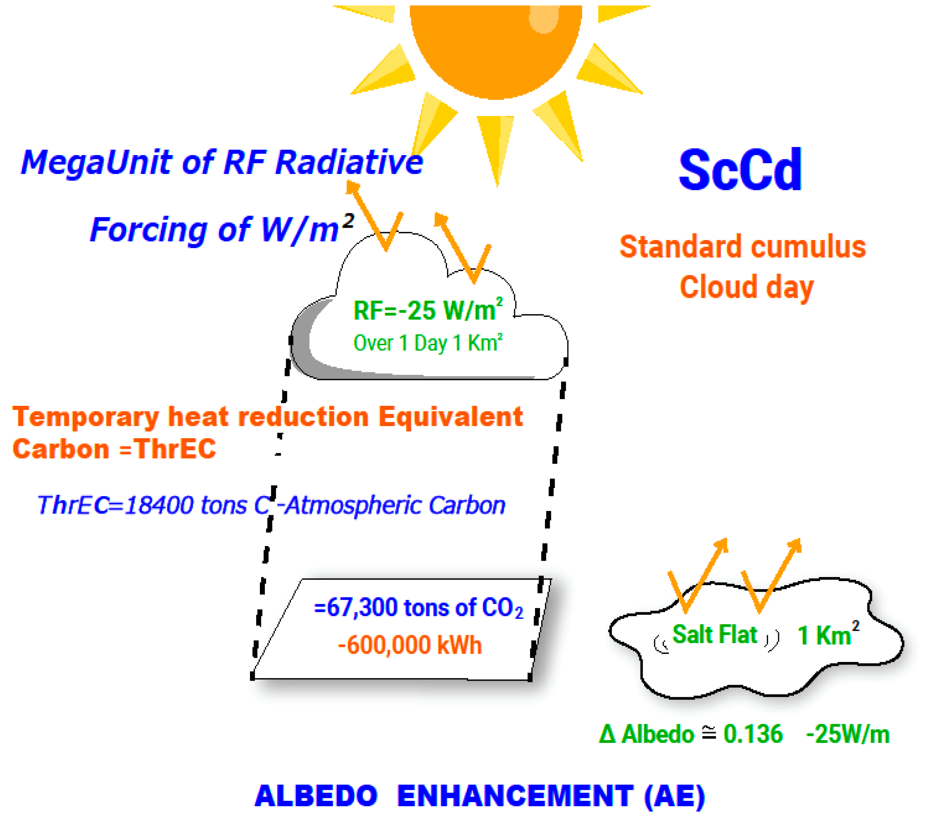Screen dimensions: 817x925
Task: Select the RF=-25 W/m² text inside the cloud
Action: click(x=428, y=311)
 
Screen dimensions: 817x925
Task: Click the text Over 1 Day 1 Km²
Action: click(x=428, y=343)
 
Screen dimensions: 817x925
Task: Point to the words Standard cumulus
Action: click(x=742, y=247)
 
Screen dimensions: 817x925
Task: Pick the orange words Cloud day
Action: click(x=746, y=287)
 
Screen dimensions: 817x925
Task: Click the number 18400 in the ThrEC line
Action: click(x=159, y=505)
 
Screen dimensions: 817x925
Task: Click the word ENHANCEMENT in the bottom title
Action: click(x=515, y=796)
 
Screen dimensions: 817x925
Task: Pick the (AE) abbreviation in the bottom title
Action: click(x=674, y=796)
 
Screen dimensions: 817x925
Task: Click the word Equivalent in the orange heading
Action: click(x=450, y=416)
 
